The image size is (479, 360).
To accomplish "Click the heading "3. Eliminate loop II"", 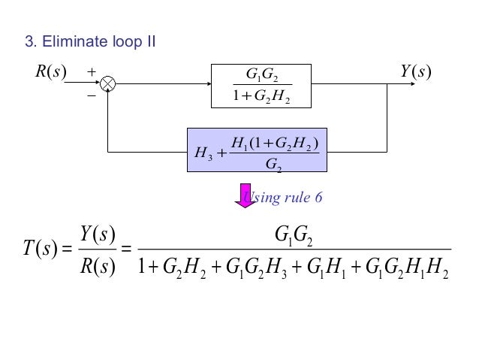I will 91,41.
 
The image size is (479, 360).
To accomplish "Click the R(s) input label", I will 50,72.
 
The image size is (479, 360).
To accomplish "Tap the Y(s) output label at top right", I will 417,72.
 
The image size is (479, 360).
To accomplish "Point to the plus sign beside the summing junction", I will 92,73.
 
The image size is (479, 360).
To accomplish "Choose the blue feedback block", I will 257,150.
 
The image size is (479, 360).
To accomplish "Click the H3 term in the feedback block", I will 203,153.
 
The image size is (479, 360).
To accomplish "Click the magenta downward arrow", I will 245,195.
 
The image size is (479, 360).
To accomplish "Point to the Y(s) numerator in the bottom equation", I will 96,234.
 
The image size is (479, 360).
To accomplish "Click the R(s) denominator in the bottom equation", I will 96,266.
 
